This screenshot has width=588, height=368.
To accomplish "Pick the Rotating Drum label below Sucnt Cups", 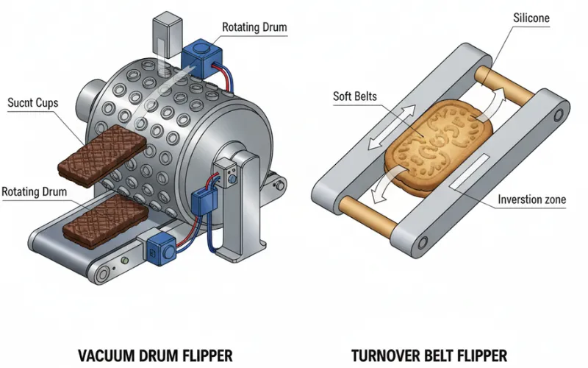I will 35,192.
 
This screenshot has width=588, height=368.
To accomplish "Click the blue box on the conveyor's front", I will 161,250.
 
